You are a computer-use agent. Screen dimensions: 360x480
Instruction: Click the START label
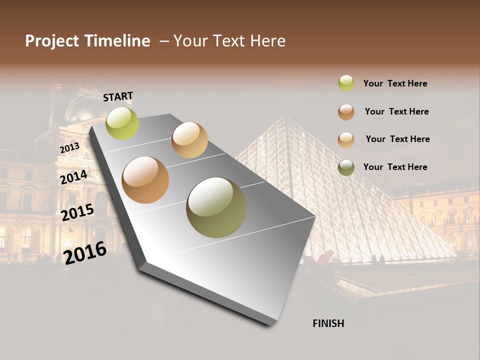[118, 96]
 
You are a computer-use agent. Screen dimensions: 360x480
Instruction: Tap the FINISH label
[328, 323]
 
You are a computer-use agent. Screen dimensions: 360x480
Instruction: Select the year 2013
[69, 148]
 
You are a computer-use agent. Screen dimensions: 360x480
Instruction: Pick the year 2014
[73, 177]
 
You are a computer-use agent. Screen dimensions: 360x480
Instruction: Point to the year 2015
[77, 212]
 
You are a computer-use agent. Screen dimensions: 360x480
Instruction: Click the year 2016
[85, 252]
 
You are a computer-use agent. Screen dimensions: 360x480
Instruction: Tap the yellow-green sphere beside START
[122, 123]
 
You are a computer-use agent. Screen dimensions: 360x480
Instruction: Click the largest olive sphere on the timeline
[216, 207]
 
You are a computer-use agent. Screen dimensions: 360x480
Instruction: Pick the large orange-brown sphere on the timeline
[145, 180]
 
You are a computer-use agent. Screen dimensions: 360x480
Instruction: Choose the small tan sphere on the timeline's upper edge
[189, 140]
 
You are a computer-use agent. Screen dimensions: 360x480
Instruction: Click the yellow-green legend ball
[346, 83]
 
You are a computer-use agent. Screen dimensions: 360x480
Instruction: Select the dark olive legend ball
[346, 167]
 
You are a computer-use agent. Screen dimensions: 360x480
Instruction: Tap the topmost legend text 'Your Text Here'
[395, 83]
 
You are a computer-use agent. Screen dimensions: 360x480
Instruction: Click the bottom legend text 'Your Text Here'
[395, 167]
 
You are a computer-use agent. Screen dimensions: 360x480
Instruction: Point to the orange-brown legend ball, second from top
[346, 111]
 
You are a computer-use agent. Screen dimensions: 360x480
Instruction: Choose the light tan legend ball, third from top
[346, 139]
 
